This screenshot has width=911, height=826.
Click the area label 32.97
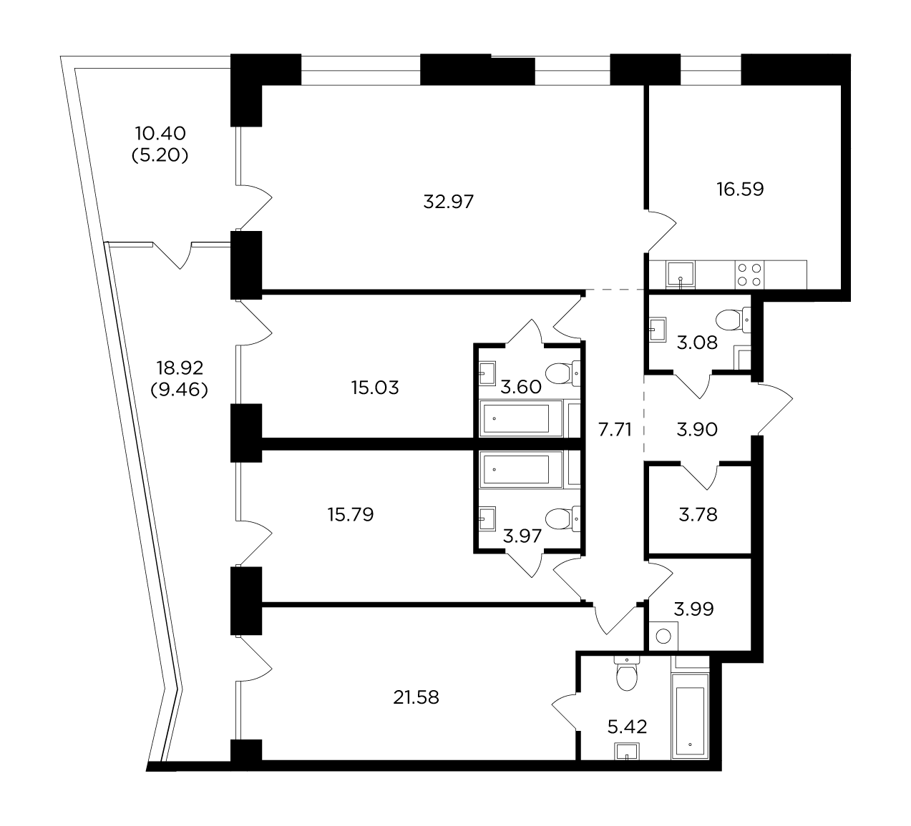pyautogui.click(x=448, y=202)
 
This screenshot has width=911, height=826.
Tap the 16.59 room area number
pyautogui.click(x=740, y=190)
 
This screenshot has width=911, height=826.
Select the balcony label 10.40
pyautogui.click(x=160, y=134)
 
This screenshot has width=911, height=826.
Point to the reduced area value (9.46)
pyautogui.click(x=180, y=389)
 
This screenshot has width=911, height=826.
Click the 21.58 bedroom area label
pyautogui.click(x=416, y=697)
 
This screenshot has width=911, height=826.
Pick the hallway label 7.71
pyautogui.click(x=615, y=429)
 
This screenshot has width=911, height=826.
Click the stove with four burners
pyautogui.click(x=749, y=275)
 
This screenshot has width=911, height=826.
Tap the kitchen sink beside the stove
pyautogui.click(x=681, y=275)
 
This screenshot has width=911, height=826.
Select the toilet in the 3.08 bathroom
pyautogui.click(x=733, y=320)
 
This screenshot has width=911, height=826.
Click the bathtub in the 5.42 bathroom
pyautogui.click(x=690, y=716)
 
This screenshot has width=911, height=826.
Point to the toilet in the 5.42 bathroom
pyautogui.click(x=627, y=673)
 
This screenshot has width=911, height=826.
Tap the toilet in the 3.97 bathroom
pyautogui.click(x=563, y=518)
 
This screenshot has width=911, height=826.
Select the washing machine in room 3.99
pyautogui.click(x=663, y=636)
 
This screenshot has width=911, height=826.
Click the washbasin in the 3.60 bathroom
pyautogui.click(x=487, y=373)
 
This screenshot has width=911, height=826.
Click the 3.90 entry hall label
pyautogui.click(x=697, y=429)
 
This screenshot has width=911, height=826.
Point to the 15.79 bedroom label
pyautogui.click(x=351, y=515)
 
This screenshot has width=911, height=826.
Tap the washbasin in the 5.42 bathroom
pyautogui.click(x=627, y=751)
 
